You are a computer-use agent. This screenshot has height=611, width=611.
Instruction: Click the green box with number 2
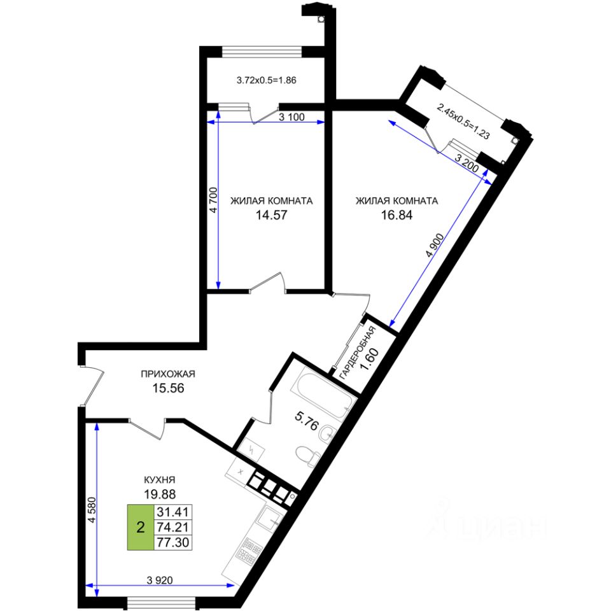pos(140,527)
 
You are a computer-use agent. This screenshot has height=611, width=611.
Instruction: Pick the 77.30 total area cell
pos(174,542)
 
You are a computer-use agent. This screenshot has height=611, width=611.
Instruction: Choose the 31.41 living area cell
pos(174,512)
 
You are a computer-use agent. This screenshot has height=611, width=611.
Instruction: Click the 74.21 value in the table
pos(174,527)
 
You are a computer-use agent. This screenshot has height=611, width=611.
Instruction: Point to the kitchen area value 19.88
pos(160,493)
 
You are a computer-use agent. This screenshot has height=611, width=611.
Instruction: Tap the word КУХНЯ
pos(160,481)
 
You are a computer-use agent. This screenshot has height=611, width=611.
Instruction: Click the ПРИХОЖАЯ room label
pos(167,374)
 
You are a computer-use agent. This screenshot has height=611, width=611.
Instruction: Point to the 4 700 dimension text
pos(214,199)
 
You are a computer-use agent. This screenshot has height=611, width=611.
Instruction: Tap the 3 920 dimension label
pos(159,580)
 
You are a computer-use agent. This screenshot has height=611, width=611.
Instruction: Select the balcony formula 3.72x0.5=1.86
pos(267,81)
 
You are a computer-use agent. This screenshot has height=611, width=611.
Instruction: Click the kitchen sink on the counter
pos(270,519)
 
